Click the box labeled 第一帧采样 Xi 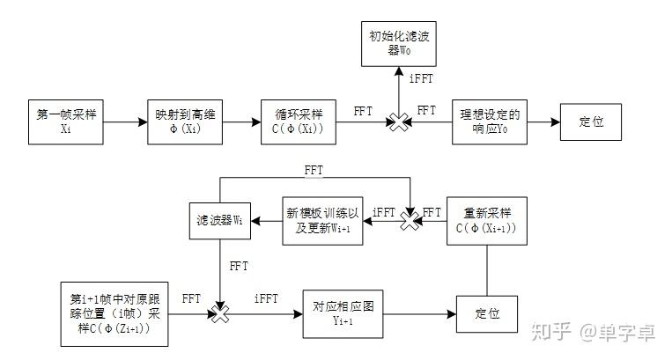pos(65,121)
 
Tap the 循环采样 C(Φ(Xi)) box pos(299,121)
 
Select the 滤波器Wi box pos(218,220)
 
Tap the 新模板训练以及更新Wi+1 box pos(322,220)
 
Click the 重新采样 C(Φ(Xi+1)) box pos(486,220)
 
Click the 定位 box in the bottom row pos(485,313)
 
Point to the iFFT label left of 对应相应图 pos(266,299)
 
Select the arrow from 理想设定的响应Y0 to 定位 pos(543,121)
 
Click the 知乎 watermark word pos(550,331)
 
